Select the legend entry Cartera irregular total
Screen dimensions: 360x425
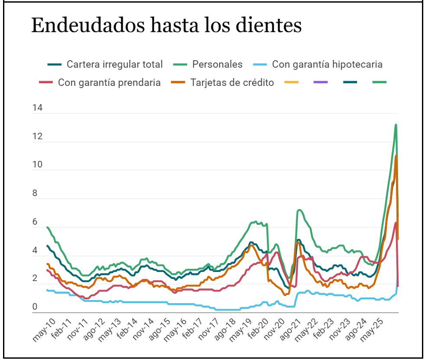click(114, 65)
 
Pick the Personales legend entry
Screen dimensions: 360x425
click(217, 65)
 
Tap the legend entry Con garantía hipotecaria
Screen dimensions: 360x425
click(327, 65)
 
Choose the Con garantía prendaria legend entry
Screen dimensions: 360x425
click(109, 82)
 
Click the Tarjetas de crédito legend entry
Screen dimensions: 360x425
click(232, 82)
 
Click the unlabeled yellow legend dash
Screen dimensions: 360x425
click(290, 82)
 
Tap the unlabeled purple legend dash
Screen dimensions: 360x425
click(320, 82)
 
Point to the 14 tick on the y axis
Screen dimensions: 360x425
click(38, 108)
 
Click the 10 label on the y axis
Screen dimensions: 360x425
click(38, 165)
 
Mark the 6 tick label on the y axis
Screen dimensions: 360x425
click(38, 222)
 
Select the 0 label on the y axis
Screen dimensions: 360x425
click(36, 307)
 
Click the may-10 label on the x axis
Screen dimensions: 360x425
click(44, 330)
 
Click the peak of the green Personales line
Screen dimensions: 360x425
click(396, 125)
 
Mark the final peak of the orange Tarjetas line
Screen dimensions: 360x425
click(396, 156)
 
